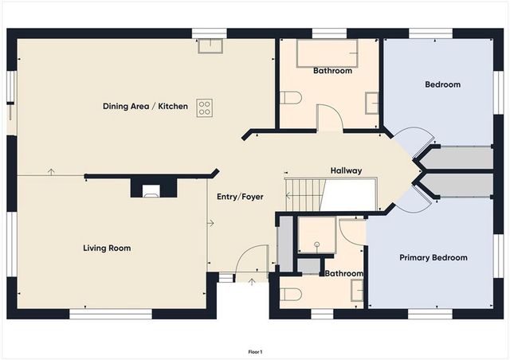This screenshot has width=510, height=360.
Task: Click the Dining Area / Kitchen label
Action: tap(145, 106)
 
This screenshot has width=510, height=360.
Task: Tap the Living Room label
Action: tap(107, 248)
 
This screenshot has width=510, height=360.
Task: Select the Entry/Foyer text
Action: tap(240, 196)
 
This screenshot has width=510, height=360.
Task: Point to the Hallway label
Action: tap(346, 170)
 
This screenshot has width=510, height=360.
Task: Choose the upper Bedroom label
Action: tap(442, 84)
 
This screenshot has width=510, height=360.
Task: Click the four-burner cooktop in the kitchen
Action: tap(204, 108)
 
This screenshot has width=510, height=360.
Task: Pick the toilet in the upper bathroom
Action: tap(291, 97)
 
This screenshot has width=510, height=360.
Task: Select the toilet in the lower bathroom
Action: tap(291, 294)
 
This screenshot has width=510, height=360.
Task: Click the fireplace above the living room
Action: tap(151, 189)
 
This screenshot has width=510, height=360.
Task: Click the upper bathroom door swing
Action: tap(329, 119)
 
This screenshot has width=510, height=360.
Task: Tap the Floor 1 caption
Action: tap(255, 351)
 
